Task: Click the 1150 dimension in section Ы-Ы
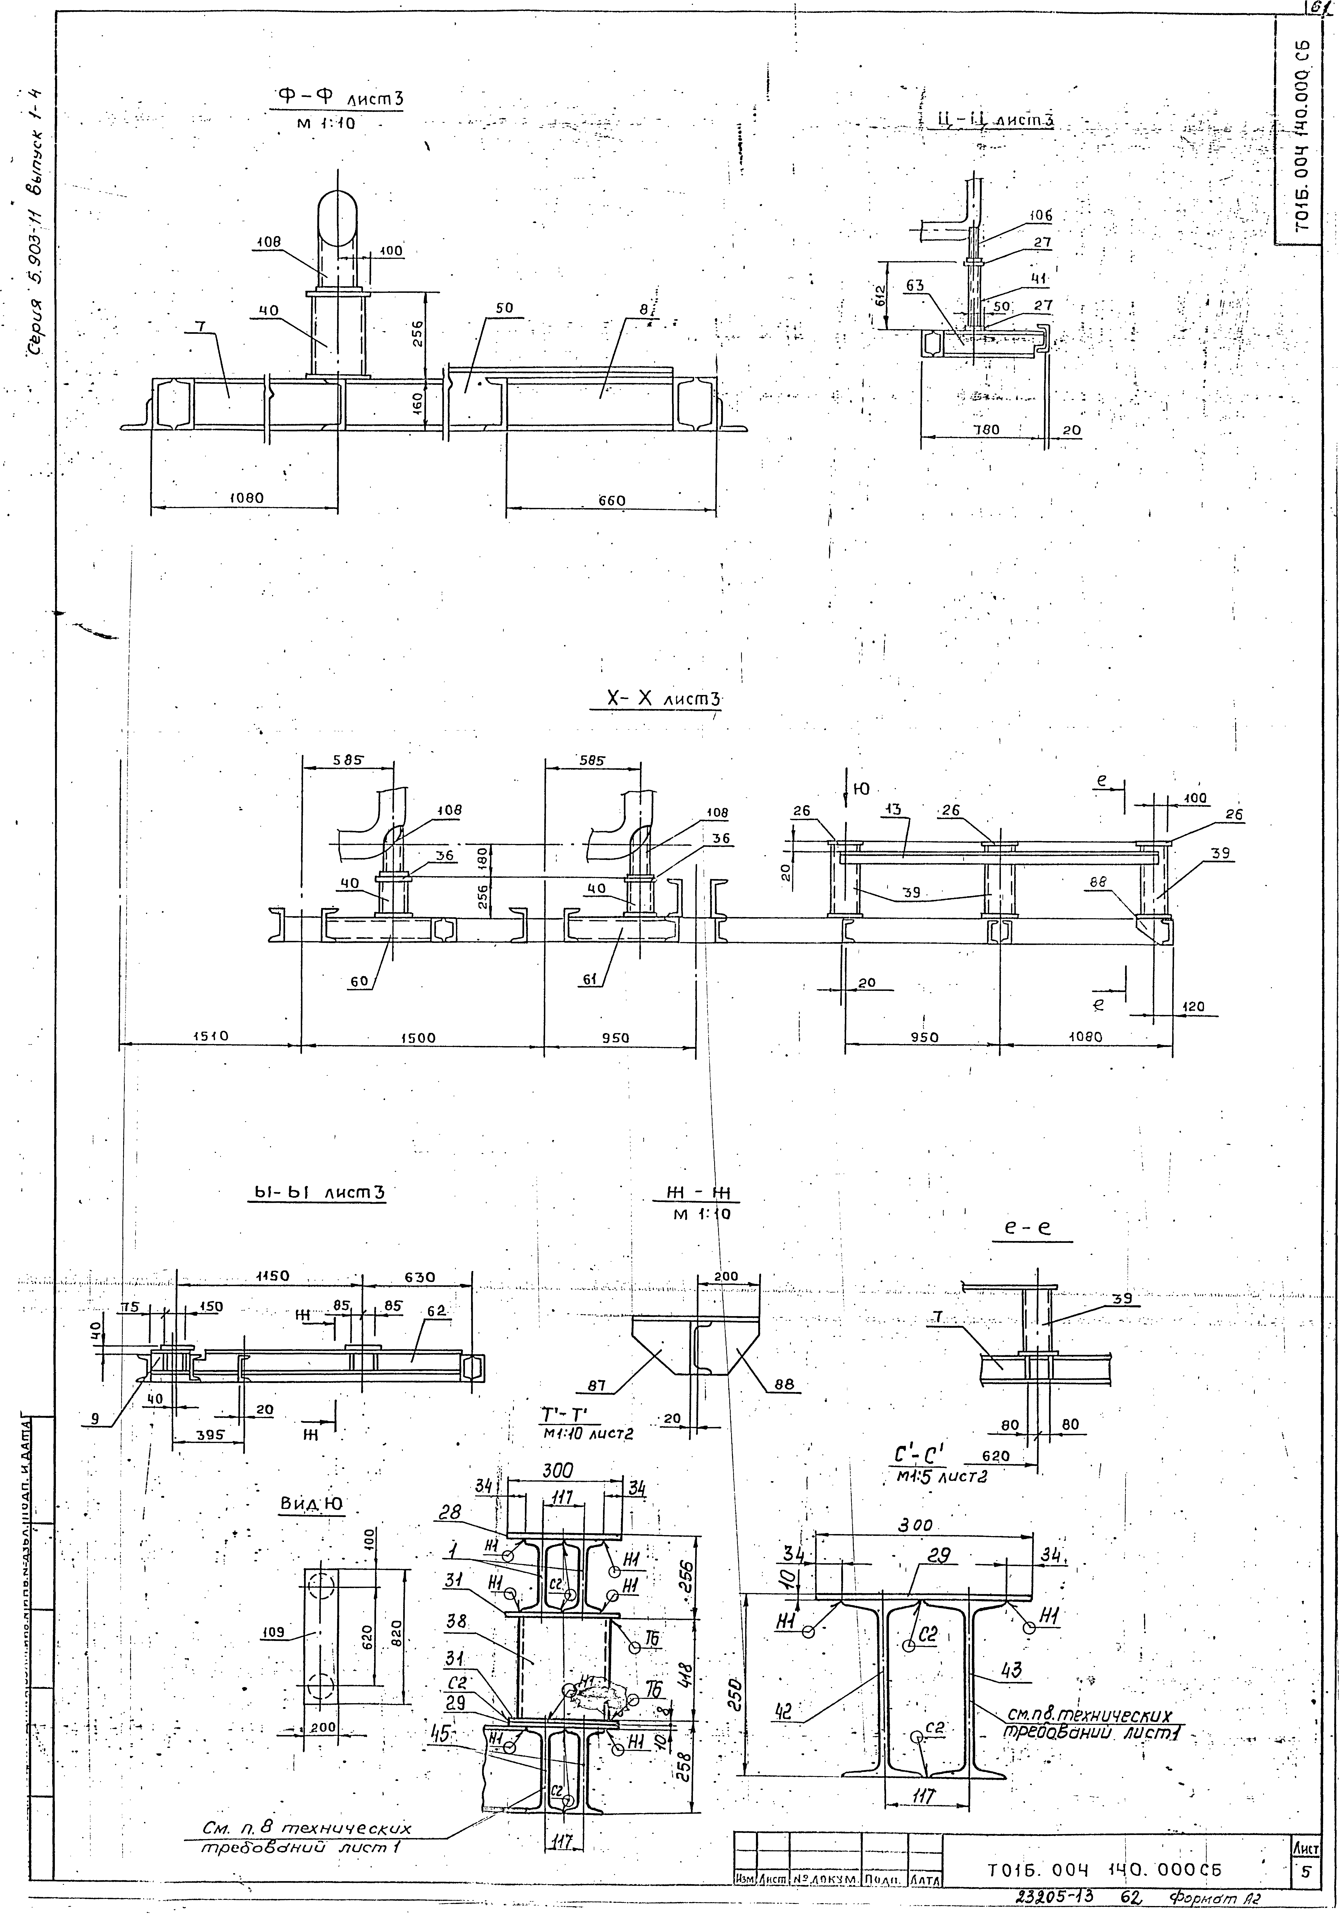tap(272, 1277)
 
